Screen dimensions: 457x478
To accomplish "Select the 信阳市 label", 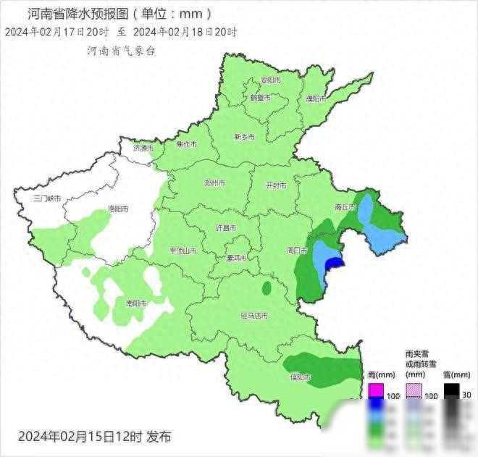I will point(299,377).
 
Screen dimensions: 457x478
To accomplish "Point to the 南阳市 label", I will point(135,303).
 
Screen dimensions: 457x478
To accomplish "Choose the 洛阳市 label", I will point(118,209).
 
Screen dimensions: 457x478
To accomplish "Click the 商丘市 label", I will point(345,207).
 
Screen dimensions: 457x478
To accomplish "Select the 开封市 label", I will point(276,185).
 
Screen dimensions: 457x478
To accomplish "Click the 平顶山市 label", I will point(183,251).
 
